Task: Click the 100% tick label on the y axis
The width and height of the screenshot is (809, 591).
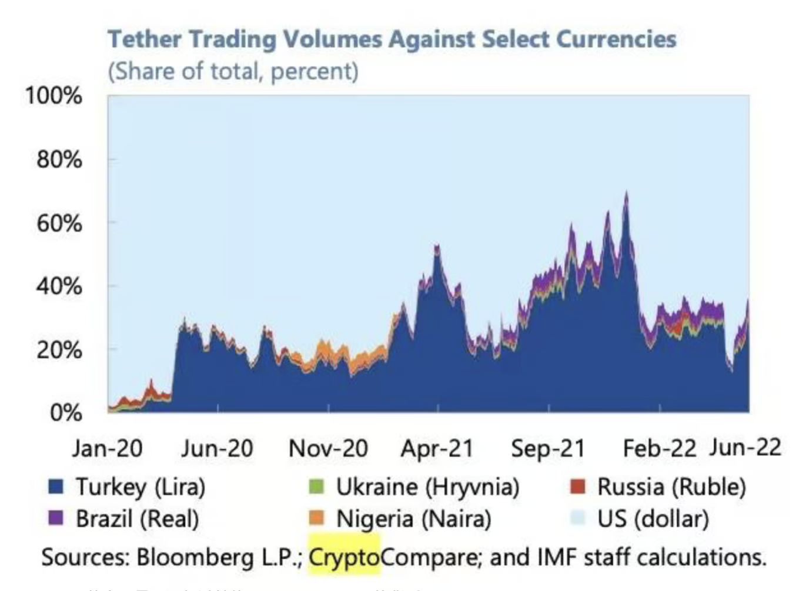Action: pos(54,96)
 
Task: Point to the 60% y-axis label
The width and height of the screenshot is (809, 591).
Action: pos(59,223)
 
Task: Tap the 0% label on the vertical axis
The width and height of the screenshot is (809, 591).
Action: pos(66,413)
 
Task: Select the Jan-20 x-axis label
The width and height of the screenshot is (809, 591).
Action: pos(107,449)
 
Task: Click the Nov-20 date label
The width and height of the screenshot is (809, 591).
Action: pos(328,449)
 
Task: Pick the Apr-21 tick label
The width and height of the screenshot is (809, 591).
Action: pos(437,449)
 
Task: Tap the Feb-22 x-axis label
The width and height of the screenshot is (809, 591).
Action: pos(659,449)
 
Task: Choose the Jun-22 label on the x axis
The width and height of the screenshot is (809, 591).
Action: pos(746,448)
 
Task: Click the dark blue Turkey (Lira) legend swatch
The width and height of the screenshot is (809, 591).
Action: pos(56,487)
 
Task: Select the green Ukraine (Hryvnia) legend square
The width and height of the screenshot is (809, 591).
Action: pos(316,487)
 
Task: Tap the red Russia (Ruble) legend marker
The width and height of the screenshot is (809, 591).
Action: pos(578,487)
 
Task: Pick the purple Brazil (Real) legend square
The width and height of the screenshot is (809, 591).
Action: pos(56,518)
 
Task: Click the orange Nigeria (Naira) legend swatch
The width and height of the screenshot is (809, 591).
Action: pos(316,518)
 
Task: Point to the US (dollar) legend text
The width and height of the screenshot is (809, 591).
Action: pos(653,519)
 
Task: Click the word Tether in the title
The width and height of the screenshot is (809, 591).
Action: pos(145,39)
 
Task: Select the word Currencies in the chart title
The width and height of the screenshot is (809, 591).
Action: pos(616,39)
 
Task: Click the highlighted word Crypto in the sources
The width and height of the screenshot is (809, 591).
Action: pos(344,556)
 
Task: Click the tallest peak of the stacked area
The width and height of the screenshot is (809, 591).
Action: pos(626,193)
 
